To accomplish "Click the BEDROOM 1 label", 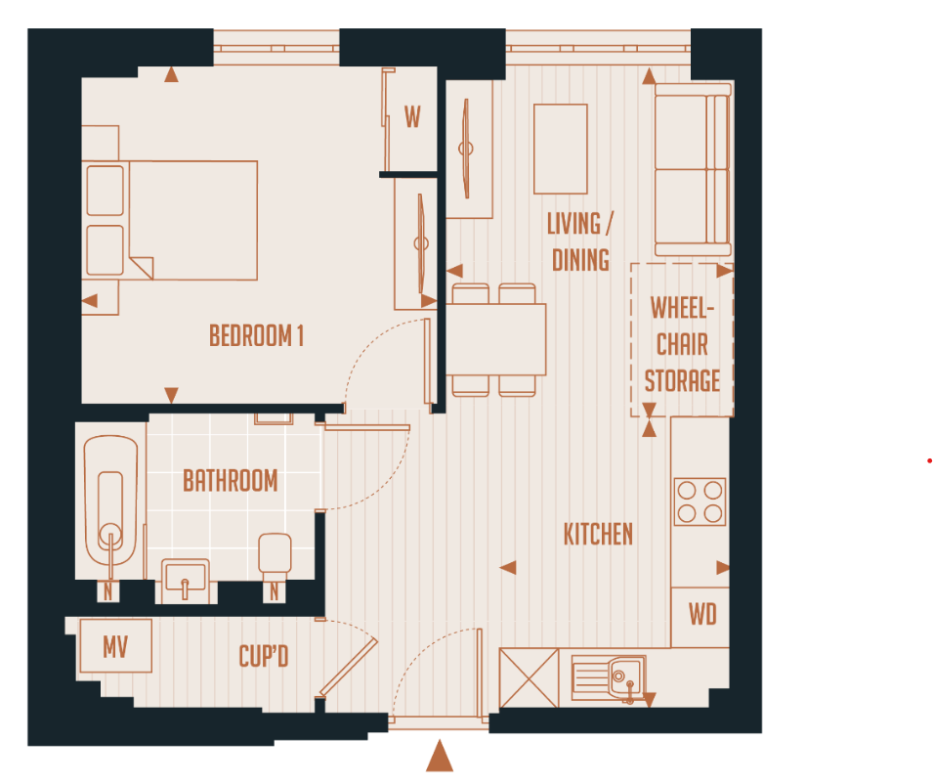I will (256, 336).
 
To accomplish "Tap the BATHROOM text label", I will (231, 481).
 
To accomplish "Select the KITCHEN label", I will (598, 535).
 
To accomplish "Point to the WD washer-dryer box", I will (701, 615).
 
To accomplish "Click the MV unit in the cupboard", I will (115, 645).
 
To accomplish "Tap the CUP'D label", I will (264, 656).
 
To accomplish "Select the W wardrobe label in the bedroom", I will (412, 118).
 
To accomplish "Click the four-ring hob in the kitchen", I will (700, 501).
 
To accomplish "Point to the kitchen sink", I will (608, 677).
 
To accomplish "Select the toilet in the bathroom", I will (275, 555).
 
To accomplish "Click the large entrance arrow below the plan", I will (441, 756).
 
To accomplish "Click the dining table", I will (496, 339).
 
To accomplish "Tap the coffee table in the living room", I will (560, 149).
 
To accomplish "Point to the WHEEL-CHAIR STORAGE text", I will (682, 344).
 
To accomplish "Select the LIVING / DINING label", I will (580, 240).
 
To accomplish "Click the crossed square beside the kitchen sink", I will (528, 677).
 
